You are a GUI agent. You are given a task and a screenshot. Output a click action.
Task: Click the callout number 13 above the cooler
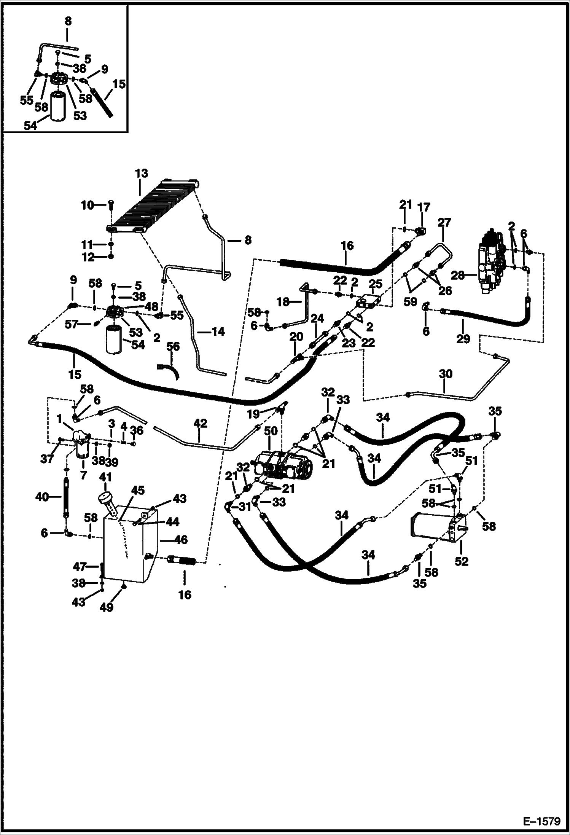(141, 174)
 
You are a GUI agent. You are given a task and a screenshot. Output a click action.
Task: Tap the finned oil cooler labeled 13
(152, 207)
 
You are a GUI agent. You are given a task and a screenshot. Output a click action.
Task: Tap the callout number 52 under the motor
(461, 562)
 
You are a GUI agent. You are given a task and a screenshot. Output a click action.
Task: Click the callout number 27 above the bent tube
(444, 223)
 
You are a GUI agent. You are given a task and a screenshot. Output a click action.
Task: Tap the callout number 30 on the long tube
(446, 374)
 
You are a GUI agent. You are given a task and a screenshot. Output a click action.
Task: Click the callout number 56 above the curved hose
(173, 347)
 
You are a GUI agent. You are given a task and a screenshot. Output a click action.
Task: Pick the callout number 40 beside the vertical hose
(42, 497)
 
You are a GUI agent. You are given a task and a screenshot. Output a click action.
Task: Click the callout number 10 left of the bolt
(87, 206)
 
